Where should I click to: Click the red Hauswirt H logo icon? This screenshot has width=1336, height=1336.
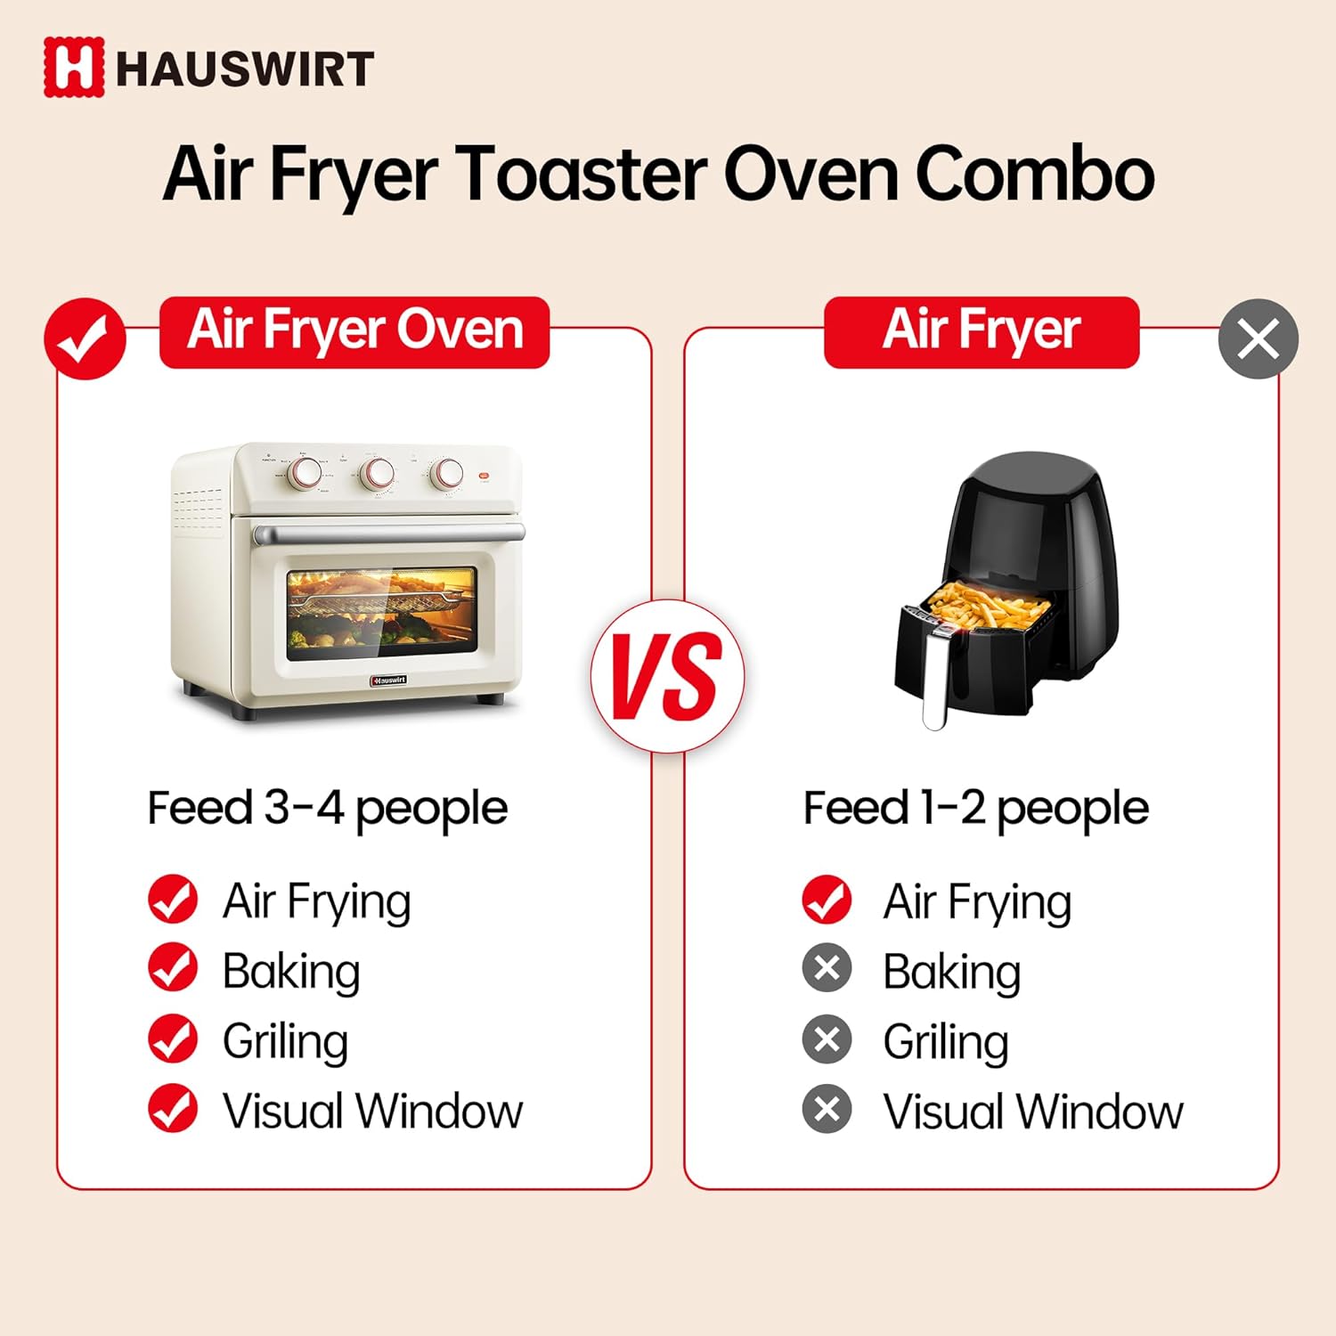(74, 67)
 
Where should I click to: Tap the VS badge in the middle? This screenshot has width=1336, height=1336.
(667, 676)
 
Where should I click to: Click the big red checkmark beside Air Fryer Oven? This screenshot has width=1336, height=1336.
(85, 338)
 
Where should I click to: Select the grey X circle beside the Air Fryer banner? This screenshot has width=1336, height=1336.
(1259, 338)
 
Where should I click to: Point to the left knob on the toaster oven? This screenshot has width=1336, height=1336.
(305, 473)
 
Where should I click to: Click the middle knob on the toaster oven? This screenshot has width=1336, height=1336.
(377, 473)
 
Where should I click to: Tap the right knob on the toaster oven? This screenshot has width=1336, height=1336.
(446, 473)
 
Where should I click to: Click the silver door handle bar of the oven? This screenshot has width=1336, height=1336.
(389, 534)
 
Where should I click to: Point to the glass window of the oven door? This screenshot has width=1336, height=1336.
(382, 615)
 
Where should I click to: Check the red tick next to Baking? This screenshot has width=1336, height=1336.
(173, 969)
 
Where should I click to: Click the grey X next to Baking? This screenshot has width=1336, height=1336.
(827, 969)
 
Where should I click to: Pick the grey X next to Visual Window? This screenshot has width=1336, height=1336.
(827, 1109)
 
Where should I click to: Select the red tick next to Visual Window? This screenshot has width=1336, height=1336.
(173, 1109)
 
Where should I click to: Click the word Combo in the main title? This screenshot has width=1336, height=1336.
(1035, 174)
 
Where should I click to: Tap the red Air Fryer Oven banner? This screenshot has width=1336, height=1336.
(354, 332)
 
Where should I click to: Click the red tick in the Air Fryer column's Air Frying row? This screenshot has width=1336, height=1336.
(827, 900)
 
